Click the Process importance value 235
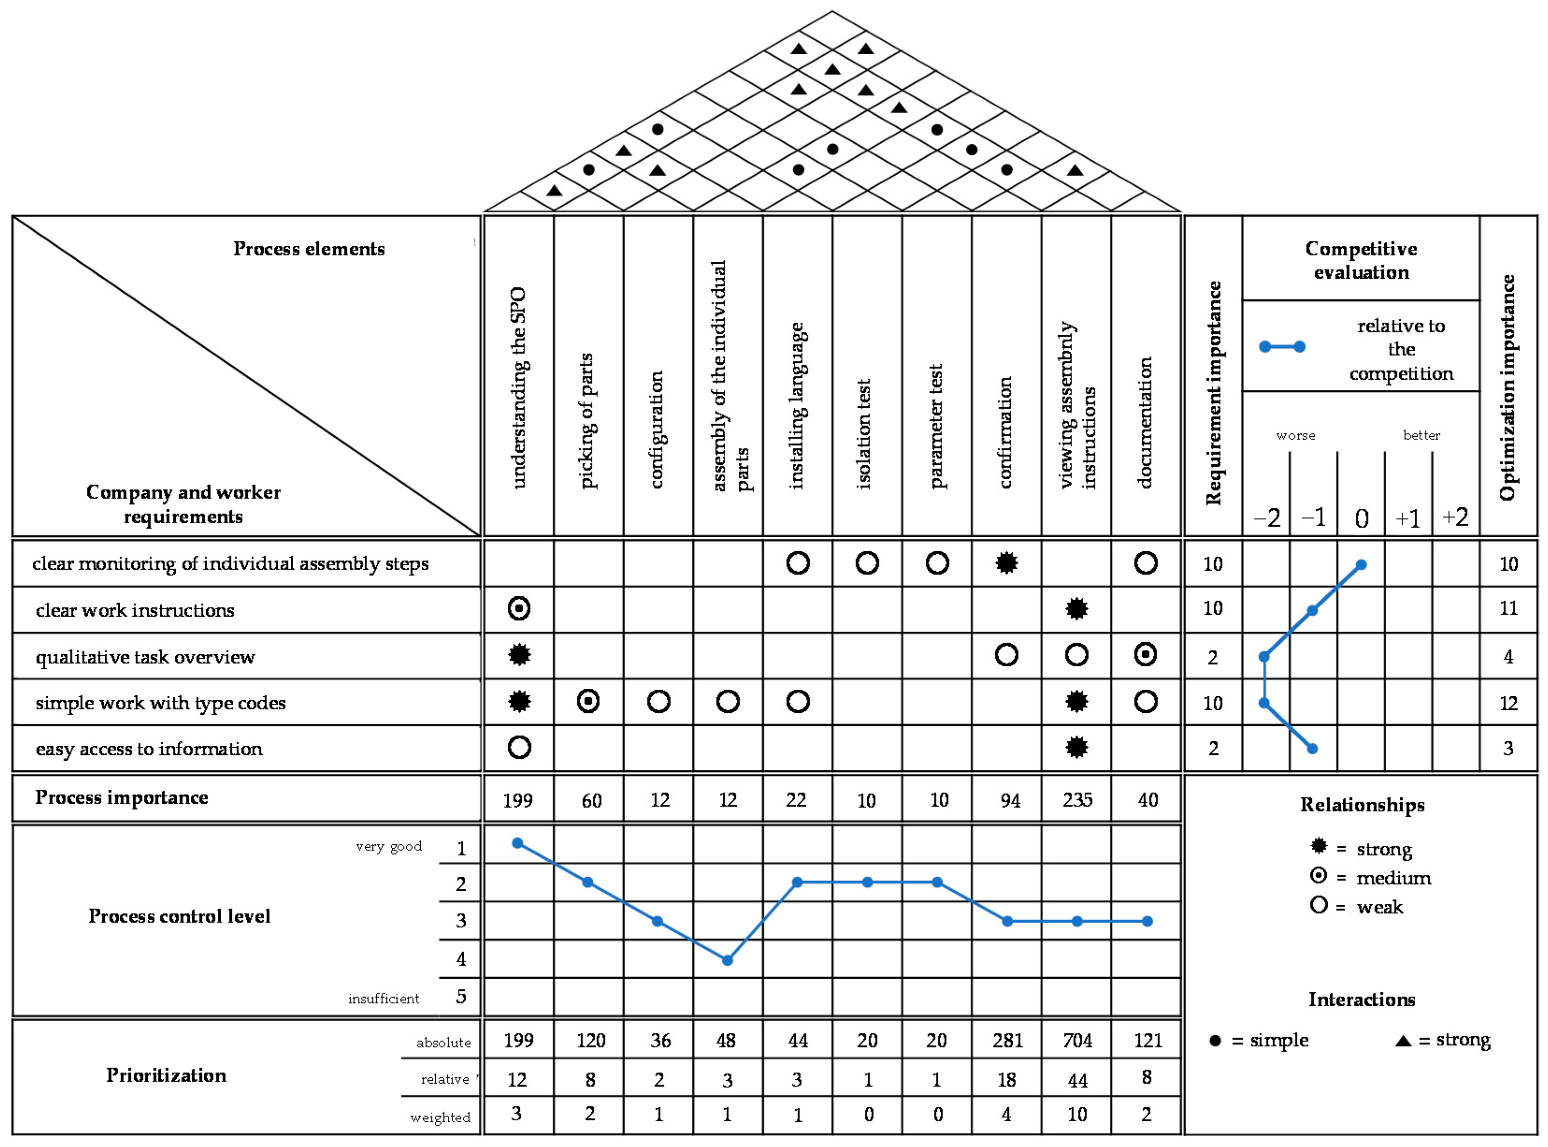point(1077,800)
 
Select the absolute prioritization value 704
point(1077,1040)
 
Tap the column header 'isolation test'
point(865,434)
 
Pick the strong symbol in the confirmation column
point(1007,563)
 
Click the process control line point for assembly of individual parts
point(727,960)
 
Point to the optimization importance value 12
point(1508,703)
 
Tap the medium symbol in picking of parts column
point(588,701)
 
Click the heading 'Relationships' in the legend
point(1362,805)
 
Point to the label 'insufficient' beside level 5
point(383,998)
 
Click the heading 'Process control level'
point(179,916)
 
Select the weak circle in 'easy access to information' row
point(519,748)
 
